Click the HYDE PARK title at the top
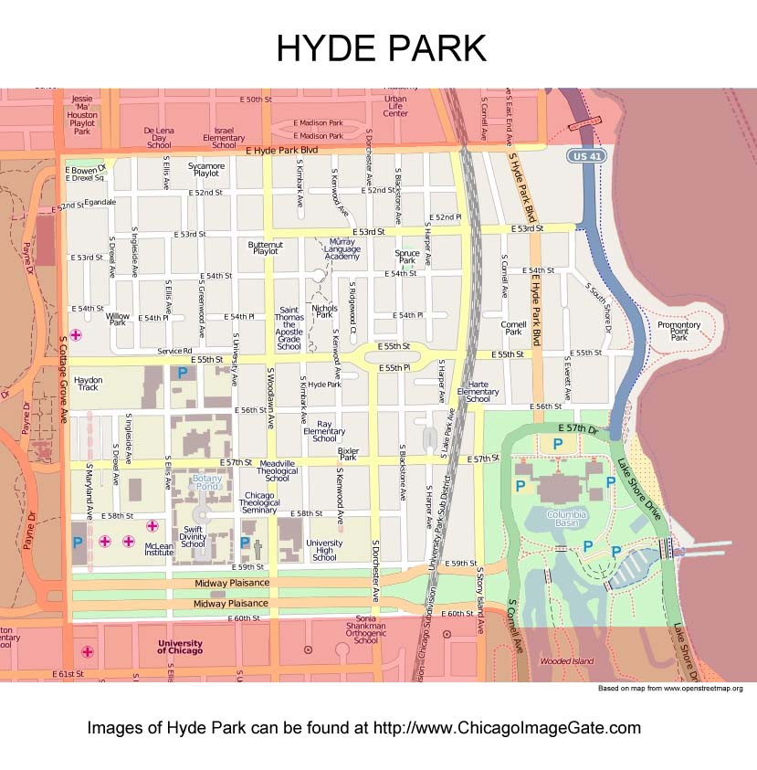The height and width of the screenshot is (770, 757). tap(382, 47)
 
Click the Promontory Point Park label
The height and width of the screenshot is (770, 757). tap(679, 331)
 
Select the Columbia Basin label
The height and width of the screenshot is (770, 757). tap(567, 520)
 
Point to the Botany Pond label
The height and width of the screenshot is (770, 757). tap(207, 483)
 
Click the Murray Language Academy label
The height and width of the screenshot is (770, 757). tap(342, 249)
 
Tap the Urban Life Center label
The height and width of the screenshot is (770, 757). tap(395, 106)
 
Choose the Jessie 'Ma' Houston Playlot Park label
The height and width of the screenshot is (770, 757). tap(82, 115)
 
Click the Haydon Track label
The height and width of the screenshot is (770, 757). tap(88, 384)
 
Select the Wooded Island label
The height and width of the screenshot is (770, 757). tap(566, 660)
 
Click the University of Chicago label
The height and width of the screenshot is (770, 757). tap(180, 647)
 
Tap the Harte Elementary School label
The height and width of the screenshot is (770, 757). tap(478, 392)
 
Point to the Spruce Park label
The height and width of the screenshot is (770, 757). tap(407, 257)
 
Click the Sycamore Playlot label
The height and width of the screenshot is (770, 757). tap(206, 169)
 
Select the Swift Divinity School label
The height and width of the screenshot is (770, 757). tap(193, 536)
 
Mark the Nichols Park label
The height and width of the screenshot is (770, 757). tap(324, 312)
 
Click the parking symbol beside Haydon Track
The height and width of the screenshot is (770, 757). tap(182, 373)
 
